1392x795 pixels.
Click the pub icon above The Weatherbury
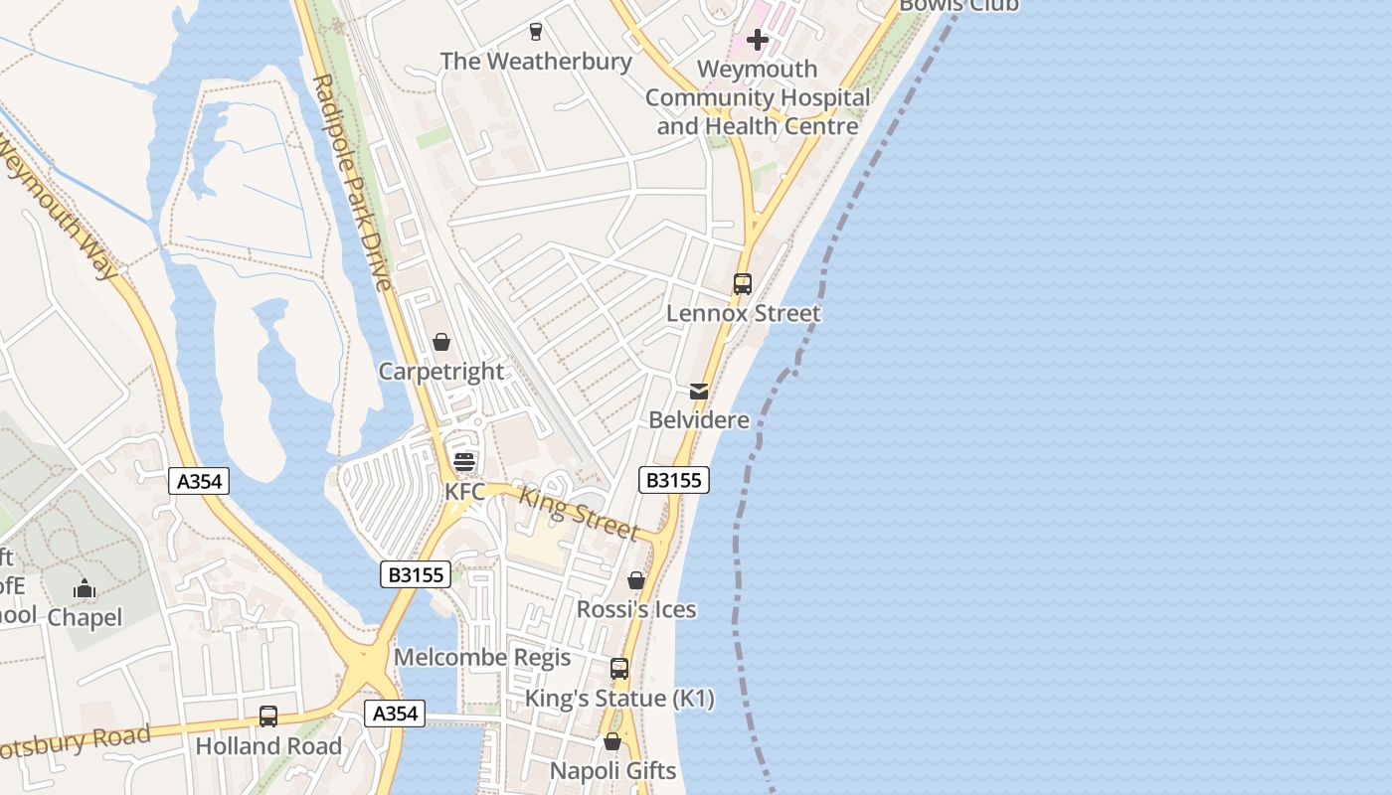point(536,31)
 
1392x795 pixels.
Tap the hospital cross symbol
point(758,40)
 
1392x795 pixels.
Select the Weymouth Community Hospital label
point(758,97)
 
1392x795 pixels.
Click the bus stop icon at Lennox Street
point(743,284)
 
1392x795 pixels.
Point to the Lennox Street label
point(743,313)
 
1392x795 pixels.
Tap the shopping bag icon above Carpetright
point(441,342)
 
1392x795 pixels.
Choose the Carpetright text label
point(441,372)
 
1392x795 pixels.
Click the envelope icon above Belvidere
point(699,391)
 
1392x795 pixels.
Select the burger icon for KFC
point(464,462)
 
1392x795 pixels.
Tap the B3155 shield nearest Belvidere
point(673,480)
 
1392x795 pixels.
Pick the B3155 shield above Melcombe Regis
point(416,574)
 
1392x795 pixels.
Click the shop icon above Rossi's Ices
point(636,580)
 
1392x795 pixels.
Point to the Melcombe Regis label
point(482,657)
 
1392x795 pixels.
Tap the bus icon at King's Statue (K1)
point(619,669)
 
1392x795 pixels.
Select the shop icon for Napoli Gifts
point(612,741)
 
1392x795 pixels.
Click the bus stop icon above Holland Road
point(268,715)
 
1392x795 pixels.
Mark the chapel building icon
point(85,589)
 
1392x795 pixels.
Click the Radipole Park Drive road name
point(352,183)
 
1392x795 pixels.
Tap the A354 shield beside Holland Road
point(395,713)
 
